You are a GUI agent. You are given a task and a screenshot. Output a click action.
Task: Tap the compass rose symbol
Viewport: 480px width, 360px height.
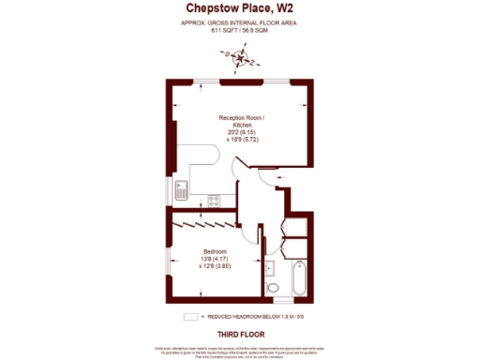coord(243,61)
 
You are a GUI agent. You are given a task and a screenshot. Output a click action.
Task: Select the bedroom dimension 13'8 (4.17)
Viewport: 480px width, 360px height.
coord(217,260)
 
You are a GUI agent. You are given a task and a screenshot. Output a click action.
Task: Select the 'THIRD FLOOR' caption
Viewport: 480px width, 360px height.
coord(240,334)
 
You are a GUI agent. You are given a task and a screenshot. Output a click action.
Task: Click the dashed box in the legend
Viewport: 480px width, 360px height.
coord(190,317)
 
